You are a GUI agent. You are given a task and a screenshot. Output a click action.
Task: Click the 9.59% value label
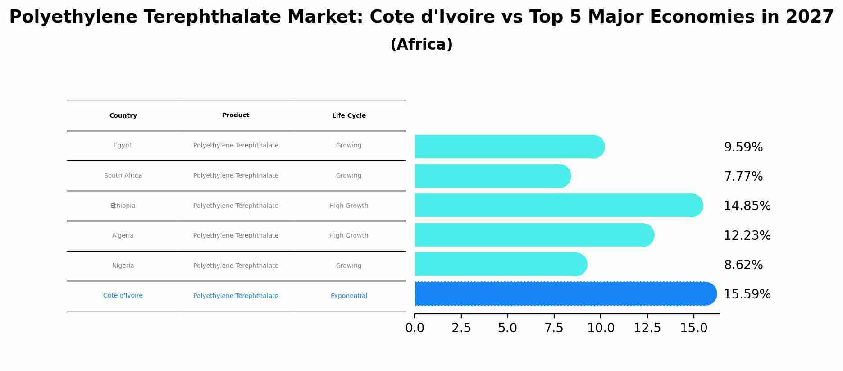point(743,147)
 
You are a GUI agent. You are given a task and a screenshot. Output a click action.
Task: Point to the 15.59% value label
point(747,294)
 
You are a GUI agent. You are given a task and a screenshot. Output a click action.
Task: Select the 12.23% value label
point(747,236)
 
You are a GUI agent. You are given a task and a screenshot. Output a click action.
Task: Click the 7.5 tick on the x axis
point(554,328)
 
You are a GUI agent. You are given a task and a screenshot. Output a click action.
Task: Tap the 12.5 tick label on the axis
point(647,328)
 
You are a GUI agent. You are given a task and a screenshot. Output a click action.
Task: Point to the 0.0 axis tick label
point(415,328)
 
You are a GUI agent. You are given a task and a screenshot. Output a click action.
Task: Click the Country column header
point(123,116)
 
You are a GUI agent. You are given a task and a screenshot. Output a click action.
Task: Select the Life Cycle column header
point(349,116)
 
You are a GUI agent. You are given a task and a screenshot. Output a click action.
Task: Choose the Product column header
point(236,115)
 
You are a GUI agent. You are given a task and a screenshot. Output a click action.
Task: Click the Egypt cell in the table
point(123,146)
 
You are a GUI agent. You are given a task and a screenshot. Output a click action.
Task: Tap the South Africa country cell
point(123,176)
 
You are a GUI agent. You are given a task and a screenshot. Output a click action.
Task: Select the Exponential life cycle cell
point(349,296)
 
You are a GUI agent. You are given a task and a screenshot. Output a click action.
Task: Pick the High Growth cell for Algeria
point(349,236)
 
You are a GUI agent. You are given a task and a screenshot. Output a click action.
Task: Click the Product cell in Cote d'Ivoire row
point(236,296)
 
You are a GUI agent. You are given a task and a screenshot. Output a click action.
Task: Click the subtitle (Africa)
point(421,45)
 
